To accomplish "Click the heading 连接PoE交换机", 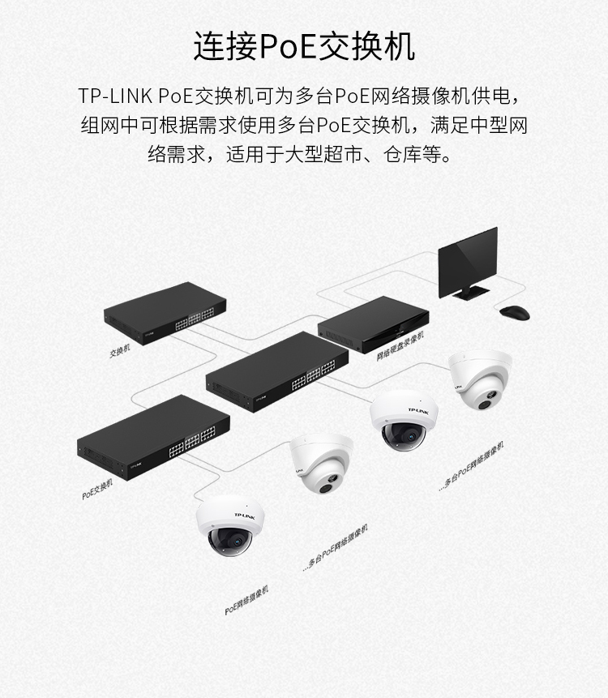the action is [x=304, y=46].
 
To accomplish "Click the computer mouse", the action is [x=515, y=312].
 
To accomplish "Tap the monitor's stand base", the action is [x=471, y=293].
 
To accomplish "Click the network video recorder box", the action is [x=374, y=324].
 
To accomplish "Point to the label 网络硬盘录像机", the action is [x=400, y=346].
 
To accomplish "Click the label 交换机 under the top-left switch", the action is [x=120, y=351].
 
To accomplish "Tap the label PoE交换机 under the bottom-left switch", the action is [x=97, y=489].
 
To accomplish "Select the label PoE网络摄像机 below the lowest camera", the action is [x=246, y=601].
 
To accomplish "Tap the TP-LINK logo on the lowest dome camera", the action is [x=244, y=516].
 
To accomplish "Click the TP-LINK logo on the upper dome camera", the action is [x=418, y=411].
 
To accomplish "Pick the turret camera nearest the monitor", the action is [x=480, y=379].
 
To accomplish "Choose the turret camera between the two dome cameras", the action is [x=321, y=463].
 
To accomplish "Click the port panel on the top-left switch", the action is [x=195, y=319].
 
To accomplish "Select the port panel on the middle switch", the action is [x=314, y=375].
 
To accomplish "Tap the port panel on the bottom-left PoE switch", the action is [x=192, y=442].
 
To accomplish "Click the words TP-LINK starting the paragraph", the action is [x=116, y=96].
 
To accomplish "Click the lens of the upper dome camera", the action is [x=408, y=436].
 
